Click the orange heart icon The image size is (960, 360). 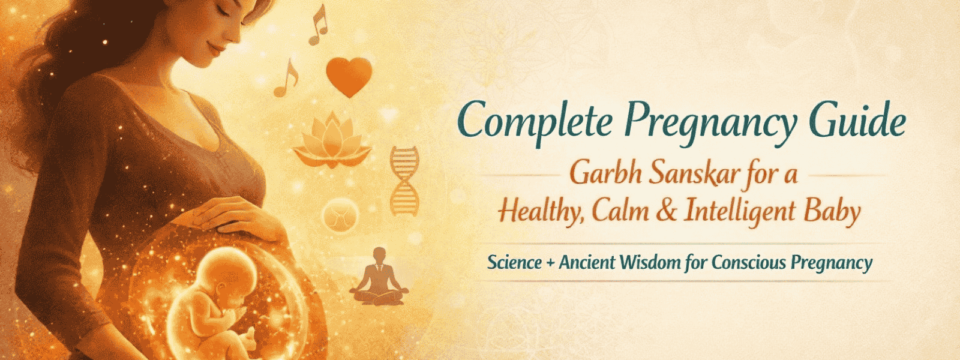[349, 76]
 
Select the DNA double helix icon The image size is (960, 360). [404, 181]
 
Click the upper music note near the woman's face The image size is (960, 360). [319, 25]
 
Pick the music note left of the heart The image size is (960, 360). [286, 79]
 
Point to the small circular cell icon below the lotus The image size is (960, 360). [340, 214]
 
